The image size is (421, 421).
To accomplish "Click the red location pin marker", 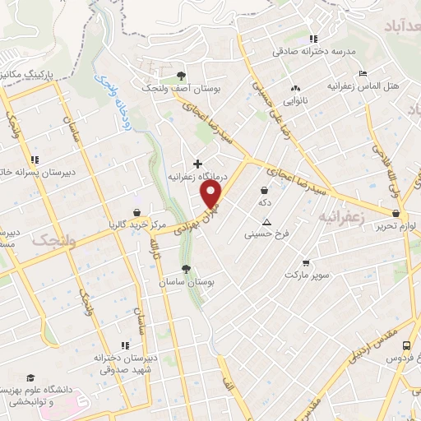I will [x=212, y=194].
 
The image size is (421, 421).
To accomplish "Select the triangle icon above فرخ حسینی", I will [x=266, y=222].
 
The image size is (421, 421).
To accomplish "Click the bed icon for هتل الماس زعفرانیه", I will [x=362, y=73].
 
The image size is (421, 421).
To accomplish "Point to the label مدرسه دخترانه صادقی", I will [x=315, y=51].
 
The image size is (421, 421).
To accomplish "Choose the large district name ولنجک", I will [x=53, y=240].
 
